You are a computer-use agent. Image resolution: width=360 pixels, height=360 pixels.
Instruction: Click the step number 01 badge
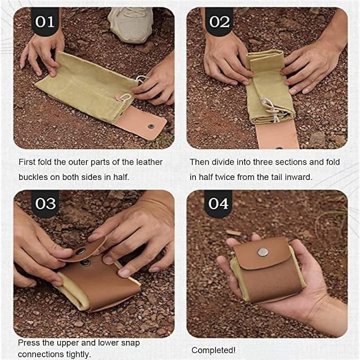[45, 22]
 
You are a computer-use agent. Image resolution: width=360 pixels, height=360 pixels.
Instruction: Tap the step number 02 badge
[219, 22]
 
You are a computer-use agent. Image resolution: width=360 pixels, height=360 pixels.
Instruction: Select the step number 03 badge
[45, 204]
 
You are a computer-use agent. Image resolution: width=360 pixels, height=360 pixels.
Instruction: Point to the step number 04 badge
[218, 204]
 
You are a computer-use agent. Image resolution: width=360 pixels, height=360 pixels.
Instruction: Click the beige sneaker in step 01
[130, 24]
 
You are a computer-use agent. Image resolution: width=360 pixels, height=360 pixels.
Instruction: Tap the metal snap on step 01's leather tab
[151, 126]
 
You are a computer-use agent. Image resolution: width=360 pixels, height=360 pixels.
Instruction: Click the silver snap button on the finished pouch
[263, 252]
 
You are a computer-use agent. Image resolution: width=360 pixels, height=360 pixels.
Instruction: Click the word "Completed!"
[213, 351]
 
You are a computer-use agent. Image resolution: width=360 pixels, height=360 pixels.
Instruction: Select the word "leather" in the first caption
[149, 162]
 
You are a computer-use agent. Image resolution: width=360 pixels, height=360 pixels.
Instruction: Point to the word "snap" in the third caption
[130, 343]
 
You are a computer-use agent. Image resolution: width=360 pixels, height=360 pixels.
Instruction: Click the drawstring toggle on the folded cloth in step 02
[272, 111]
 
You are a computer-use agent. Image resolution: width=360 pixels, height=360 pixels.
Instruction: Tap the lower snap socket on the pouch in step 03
[85, 262]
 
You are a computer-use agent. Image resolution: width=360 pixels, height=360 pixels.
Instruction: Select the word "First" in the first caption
[27, 162]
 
